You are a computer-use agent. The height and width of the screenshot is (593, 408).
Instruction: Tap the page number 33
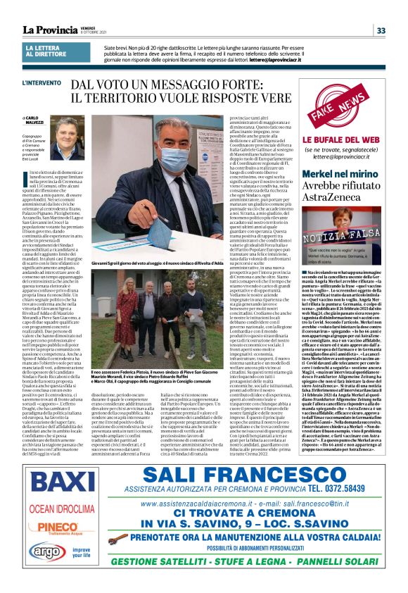pos(381,30)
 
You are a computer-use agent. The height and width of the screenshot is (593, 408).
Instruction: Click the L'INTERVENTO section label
pos(41,84)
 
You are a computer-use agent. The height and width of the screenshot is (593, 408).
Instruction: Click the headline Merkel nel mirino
pos(336,174)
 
